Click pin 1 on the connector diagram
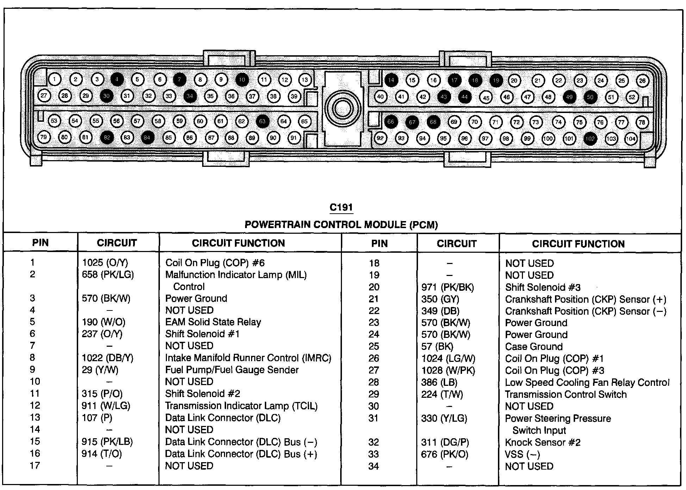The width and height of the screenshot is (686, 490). [54, 80]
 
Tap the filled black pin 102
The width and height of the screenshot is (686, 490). [590, 138]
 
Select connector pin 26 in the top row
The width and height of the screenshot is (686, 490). [642, 81]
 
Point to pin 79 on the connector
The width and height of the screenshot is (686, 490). [44, 137]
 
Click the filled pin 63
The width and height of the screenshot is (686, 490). [262, 121]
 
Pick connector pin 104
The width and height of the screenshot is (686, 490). [631, 139]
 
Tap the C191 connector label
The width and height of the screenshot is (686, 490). [341, 208]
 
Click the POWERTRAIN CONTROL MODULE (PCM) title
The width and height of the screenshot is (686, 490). [341, 225]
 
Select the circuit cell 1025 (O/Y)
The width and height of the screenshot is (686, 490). [105, 263]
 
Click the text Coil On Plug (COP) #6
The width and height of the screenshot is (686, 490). [215, 263]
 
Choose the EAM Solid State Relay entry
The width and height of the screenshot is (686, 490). [213, 322]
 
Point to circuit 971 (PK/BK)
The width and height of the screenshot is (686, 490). [448, 287]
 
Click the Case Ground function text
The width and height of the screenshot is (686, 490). [534, 347]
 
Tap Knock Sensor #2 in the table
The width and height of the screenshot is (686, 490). [542, 442]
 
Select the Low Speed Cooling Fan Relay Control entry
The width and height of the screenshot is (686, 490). [587, 383]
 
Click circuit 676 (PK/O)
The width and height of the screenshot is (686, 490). [444, 454]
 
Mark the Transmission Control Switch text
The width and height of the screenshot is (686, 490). [566, 395]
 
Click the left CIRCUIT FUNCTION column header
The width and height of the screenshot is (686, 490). [238, 243]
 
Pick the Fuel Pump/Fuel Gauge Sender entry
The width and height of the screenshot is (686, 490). [232, 370]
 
